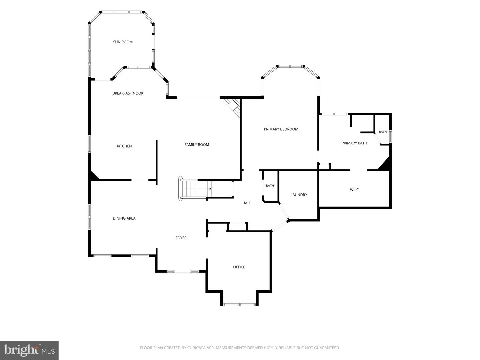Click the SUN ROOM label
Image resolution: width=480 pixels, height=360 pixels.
click(123, 42)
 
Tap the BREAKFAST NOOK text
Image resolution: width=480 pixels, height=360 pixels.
click(128, 93)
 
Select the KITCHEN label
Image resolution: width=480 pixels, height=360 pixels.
click(124, 146)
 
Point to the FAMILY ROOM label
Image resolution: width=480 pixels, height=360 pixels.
click(197, 144)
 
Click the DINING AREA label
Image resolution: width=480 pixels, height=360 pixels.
click(124, 218)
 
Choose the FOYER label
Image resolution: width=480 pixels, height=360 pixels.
click(181, 238)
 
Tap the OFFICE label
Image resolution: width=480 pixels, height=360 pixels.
click(239, 267)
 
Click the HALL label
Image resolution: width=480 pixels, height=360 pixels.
click(247, 203)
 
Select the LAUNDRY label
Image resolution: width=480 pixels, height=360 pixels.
click(299, 195)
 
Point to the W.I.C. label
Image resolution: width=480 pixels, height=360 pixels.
click(355, 190)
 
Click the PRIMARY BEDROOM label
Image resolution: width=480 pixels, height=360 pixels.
click(281, 129)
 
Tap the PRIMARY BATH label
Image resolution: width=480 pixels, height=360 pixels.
click(354, 143)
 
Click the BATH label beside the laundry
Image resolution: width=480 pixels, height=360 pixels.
click(270, 186)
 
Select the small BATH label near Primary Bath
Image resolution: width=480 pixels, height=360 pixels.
click(383, 132)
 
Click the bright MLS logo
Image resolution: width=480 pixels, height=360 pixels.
click(29, 350)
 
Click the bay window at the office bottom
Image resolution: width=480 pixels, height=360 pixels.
click(239, 304)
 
